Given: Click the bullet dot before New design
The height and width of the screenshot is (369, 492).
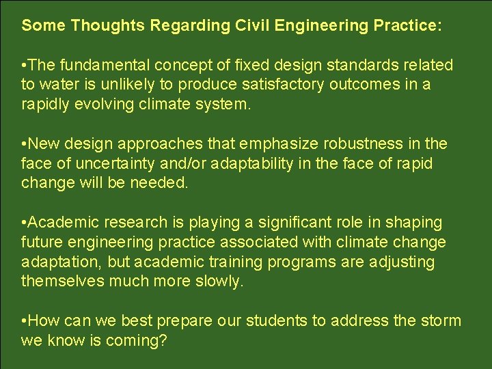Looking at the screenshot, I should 24,144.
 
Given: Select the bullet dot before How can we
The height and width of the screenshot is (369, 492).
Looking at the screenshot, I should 24,321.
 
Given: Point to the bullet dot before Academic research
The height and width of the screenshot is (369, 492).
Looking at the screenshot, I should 24,223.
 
